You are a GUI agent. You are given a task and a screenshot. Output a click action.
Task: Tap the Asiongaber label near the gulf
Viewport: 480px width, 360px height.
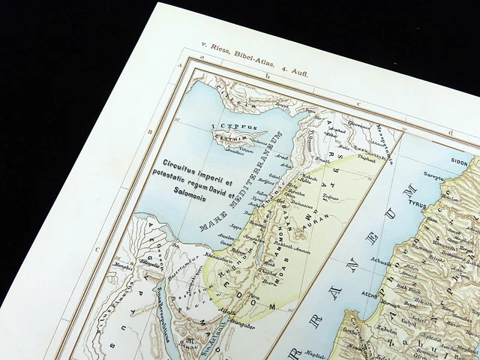240,324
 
